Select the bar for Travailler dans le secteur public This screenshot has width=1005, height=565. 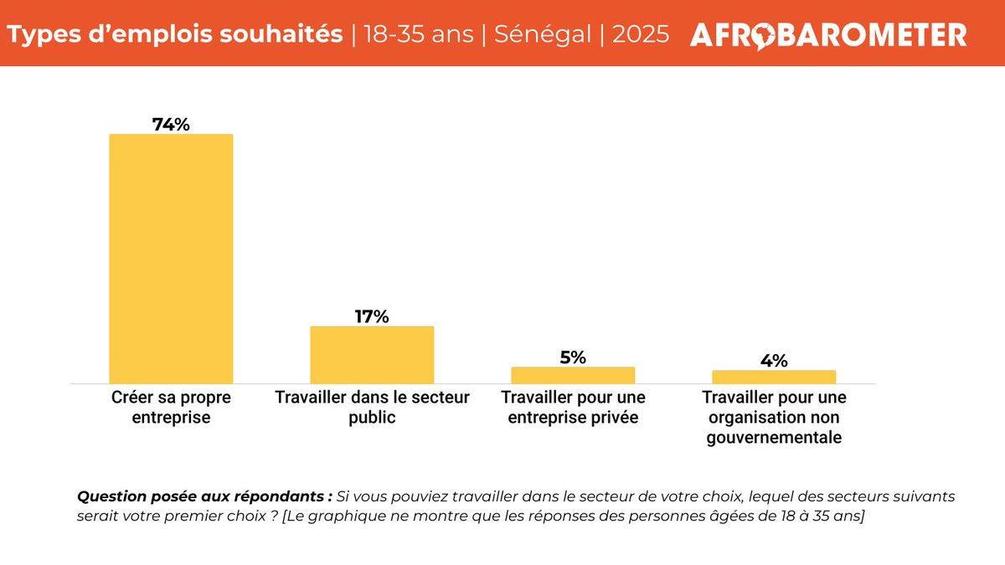372,354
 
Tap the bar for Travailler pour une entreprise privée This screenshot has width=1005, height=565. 573,375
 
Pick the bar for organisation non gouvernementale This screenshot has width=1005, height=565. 774,377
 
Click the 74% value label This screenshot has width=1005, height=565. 171,124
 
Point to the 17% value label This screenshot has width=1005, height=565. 372,316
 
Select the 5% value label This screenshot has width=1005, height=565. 573,357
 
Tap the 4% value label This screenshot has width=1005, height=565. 774,361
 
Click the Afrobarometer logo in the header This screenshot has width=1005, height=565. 828,34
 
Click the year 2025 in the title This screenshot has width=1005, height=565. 641,34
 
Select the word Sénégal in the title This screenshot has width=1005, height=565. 542,34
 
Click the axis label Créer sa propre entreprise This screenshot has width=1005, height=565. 171,406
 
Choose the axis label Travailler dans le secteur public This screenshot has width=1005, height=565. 372,406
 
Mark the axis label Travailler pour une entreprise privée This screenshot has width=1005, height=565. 573,406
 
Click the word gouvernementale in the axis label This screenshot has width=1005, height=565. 774,436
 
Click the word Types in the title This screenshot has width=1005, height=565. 42,34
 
